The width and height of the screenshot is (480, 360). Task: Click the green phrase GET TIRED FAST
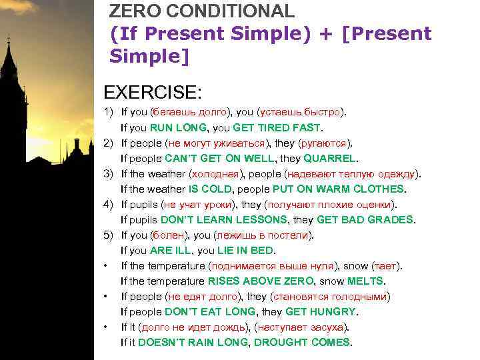pyautogui.click(x=281, y=127)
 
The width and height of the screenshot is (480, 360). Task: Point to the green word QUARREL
pyautogui.click(x=331, y=159)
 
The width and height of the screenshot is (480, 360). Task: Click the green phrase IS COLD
pyautogui.click(x=211, y=189)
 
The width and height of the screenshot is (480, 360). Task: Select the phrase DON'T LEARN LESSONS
pyautogui.click(x=225, y=219)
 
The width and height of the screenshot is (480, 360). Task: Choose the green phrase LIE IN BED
pyautogui.click(x=244, y=251)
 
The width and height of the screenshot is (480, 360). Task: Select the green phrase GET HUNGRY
pyautogui.click(x=321, y=311)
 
